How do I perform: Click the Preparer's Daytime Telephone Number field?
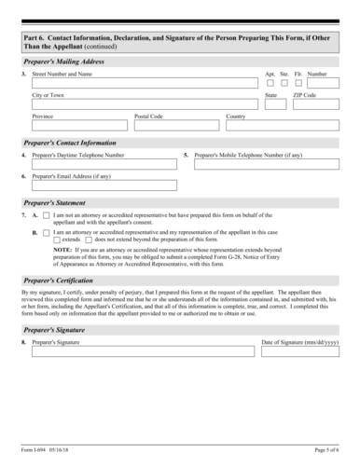tap(104, 165)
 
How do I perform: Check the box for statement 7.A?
tap(47, 216)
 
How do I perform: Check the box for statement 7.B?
tap(47, 231)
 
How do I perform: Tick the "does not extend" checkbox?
tap(89, 239)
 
